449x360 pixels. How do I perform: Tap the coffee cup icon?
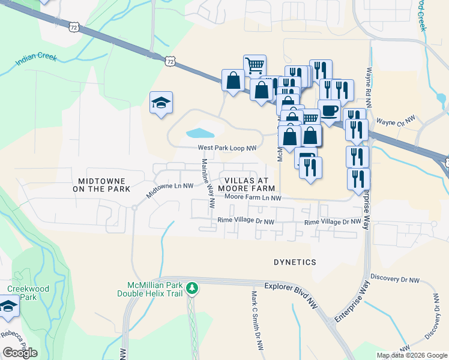point(329,110)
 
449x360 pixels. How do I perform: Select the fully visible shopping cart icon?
point(255,65)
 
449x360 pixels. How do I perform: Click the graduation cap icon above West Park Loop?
point(161,103)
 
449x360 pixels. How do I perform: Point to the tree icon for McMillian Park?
point(192,289)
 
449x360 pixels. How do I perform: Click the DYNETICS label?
point(295,262)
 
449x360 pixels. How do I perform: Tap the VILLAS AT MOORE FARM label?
point(250,184)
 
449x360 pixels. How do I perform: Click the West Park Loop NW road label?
point(228,148)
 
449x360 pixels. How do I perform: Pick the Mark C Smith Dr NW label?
point(258,321)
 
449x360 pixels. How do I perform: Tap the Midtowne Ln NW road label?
point(170,191)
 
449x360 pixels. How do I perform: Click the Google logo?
point(20,352)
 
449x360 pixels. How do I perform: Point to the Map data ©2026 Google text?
point(411,355)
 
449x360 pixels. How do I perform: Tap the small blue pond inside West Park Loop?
point(199,133)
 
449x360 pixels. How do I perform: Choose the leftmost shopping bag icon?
point(232,80)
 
